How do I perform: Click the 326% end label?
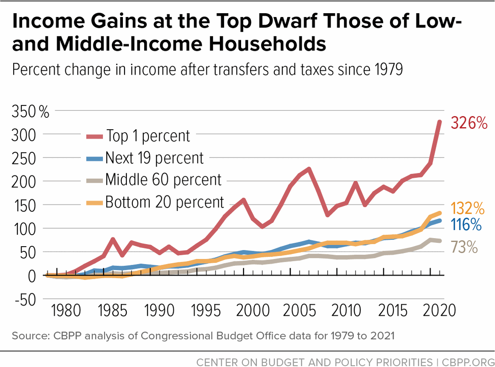[x=469, y=124]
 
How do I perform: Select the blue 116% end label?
[x=465, y=225]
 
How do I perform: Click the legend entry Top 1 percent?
[x=148, y=136]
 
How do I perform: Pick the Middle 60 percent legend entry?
[x=163, y=179]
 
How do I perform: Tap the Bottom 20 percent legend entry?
[x=164, y=201]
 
